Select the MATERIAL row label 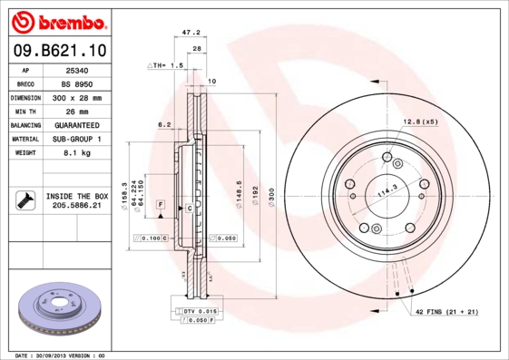(x=24, y=140)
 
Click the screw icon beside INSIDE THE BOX (x=24, y=200)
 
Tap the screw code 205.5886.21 (x=76, y=207)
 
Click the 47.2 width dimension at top (x=191, y=32)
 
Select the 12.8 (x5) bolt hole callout (x=420, y=122)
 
